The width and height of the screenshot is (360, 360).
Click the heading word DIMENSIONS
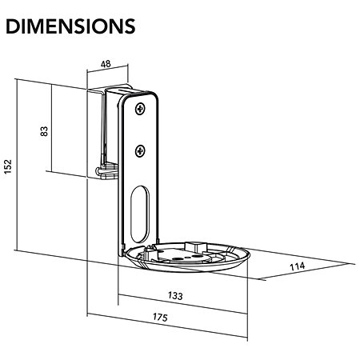pyautogui.click(x=70, y=26)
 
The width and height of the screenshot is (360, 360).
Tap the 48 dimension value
pyautogui.click(x=106, y=64)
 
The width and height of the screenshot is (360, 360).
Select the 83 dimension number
pyautogui.click(x=44, y=131)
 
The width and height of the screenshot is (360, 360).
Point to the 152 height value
pyautogui.click(x=8, y=166)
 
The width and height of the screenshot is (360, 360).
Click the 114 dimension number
pyautogui.click(x=297, y=266)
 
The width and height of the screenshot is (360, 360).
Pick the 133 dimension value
pyautogui.click(x=175, y=295)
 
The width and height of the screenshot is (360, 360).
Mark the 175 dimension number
pyautogui.click(x=160, y=317)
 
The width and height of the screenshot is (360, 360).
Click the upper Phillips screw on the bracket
pyautogui.click(x=140, y=109)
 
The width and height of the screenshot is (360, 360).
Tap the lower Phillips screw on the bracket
pyautogui.click(x=140, y=151)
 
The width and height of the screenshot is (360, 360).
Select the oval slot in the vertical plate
pyautogui.click(x=140, y=214)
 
